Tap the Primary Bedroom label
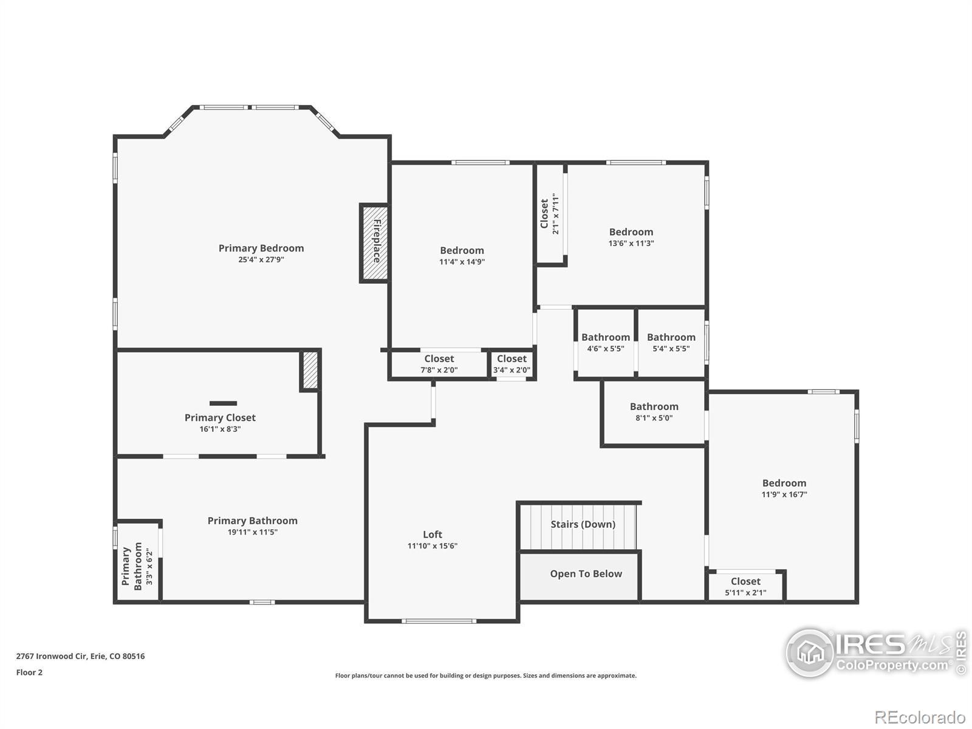coord(261,248)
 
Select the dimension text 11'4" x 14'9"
coord(462,262)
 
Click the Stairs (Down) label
coord(583,524)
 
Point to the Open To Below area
coord(579,577)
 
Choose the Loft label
coord(433,534)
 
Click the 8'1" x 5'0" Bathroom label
coord(654,406)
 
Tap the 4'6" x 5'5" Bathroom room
coord(605,343)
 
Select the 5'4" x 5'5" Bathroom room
coord(671,343)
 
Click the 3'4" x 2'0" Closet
coord(512,364)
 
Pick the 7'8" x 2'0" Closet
coord(439,364)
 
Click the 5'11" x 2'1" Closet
coord(745,586)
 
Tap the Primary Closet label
coord(220,417)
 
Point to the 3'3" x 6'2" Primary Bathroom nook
coord(138,562)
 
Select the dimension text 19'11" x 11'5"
coord(252,532)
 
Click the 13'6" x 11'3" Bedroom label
coord(631,232)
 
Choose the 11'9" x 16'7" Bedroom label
coord(784,483)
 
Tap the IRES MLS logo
coord(877,653)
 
